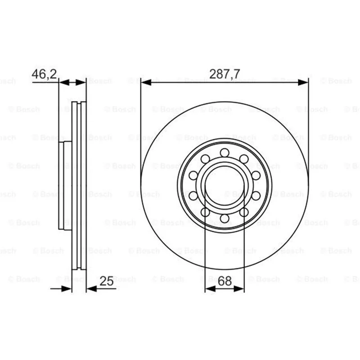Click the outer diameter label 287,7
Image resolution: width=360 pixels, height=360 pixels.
[225, 74]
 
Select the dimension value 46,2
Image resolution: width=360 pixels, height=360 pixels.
[44, 74]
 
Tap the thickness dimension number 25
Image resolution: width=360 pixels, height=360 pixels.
[107, 281]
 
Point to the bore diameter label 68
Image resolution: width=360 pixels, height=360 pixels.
[225, 281]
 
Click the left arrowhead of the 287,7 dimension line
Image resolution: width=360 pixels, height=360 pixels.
[146, 82]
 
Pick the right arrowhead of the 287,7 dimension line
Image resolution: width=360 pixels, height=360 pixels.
[303, 82]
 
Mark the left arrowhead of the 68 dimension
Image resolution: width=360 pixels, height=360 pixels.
[210, 289]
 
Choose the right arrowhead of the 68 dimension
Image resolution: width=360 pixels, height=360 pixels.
[239, 289]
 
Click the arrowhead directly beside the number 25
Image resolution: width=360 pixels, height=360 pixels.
[91, 289]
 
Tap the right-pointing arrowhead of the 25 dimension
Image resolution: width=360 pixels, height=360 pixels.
[67, 289]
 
